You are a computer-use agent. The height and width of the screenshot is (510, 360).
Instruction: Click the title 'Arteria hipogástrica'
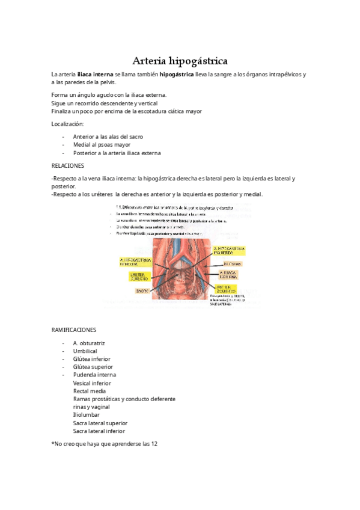[x=180, y=61]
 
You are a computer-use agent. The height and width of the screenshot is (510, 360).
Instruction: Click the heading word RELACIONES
[x=67, y=165]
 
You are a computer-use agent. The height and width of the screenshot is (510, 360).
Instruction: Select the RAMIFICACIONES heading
[x=73, y=330]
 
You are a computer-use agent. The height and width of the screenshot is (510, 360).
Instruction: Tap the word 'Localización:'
[x=68, y=123]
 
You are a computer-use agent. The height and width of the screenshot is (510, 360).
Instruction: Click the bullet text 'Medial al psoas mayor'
[x=102, y=144]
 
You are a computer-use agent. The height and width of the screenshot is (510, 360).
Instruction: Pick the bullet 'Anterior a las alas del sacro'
[x=108, y=137]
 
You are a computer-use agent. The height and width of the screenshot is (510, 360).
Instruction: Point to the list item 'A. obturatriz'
[x=89, y=343]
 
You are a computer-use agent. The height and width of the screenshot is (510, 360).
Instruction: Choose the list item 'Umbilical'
[x=85, y=351]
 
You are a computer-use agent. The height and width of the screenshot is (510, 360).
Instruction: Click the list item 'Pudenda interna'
[x=94, y=375]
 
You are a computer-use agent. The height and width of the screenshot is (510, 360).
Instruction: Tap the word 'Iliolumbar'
[x=87, y=415]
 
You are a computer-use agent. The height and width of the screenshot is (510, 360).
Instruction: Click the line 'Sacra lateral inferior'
[x=99, y=431]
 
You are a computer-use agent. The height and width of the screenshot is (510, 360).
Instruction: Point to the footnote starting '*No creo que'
[x=104, y=444]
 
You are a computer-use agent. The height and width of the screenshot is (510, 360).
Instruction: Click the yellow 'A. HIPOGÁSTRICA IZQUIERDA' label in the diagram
[x=228, y=250]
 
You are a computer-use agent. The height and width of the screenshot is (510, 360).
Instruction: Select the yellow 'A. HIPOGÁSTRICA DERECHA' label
[x=136, y=262]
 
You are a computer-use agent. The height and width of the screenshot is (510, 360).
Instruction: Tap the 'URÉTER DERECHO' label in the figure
[x=139, y=276]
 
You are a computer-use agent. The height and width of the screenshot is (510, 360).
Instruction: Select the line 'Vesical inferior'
[x=92, y=383]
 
